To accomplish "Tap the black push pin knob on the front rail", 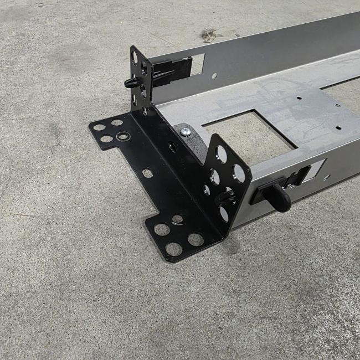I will [280, 197].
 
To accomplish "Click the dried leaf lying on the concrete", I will [209, 35].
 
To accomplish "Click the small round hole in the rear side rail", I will [214, 75].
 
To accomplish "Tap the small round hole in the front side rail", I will [327, 177].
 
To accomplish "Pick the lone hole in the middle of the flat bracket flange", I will [147, 173].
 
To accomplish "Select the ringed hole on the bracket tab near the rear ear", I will [123, 136].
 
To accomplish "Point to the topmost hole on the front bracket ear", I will [220, 153].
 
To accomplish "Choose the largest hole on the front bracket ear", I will [238, 173].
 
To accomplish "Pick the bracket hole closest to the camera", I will [174, 249].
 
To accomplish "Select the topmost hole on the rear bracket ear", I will [135, 57].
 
